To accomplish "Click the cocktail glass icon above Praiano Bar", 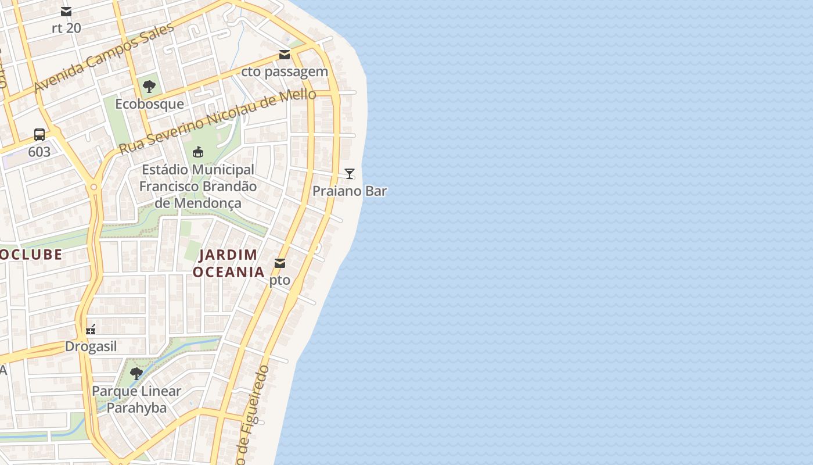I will (x=350, y=173).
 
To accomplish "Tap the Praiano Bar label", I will (x=350, y=191).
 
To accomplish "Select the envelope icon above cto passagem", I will (x=285, y=55).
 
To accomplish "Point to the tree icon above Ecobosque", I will (x=149, y=87).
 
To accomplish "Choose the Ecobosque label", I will (x=149, y=104).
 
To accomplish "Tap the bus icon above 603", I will (x=39, y=135).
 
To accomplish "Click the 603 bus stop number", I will (x=39, y=152).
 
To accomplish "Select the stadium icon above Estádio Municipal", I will (x=198, y=152).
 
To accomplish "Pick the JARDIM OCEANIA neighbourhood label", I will (x=229, y=263).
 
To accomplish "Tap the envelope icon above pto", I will (x=280, y=263).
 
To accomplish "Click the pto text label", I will (x=280, y=280).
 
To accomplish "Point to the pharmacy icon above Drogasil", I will (x=91, y=330).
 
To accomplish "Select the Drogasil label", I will (x=91, y=346).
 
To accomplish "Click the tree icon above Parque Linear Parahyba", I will (x=136, y=374).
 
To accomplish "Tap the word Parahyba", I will (x=136, y=407).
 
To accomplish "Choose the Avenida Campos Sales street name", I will (x=104, y=58).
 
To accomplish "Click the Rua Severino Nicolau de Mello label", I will (x=218, y=121).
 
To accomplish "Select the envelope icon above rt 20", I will (x=66, y=12).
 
